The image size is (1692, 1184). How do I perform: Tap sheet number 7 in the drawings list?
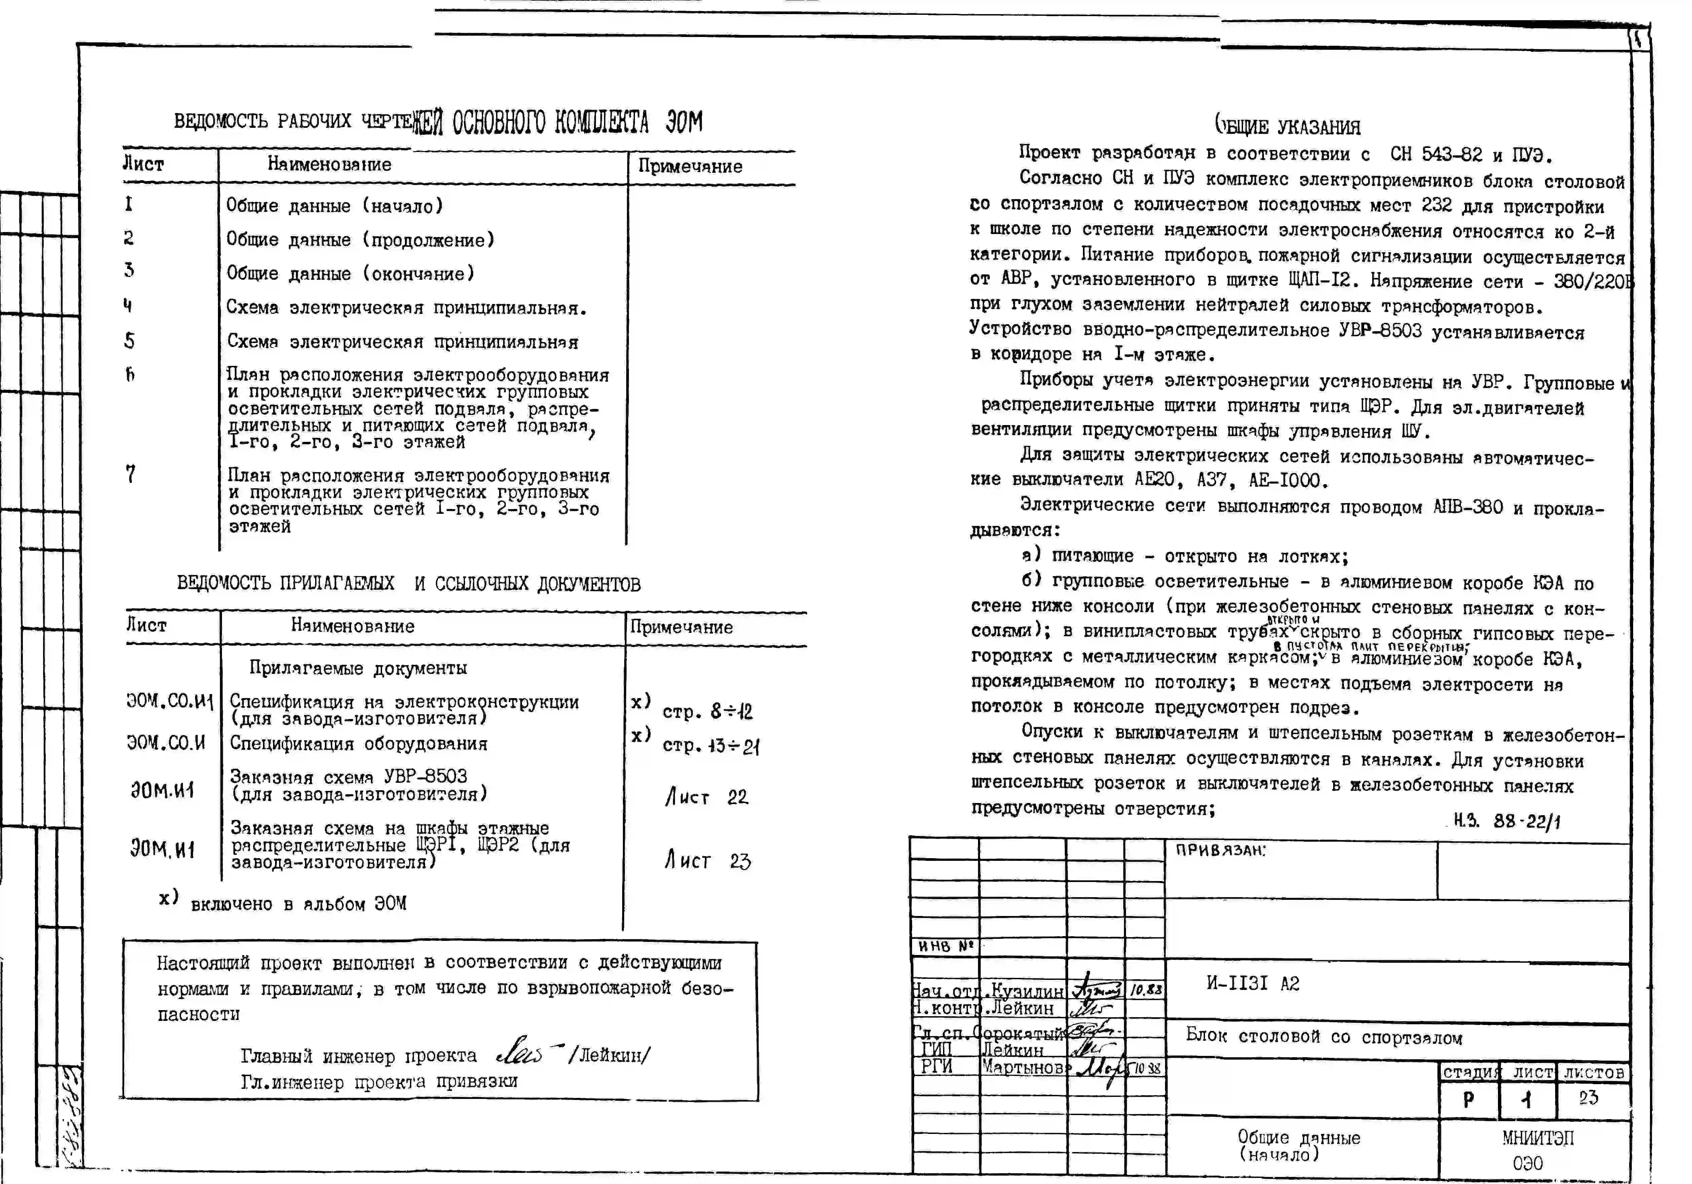click(x=130, y=474)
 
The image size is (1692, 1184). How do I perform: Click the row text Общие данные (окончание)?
click(x=350, y=273)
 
